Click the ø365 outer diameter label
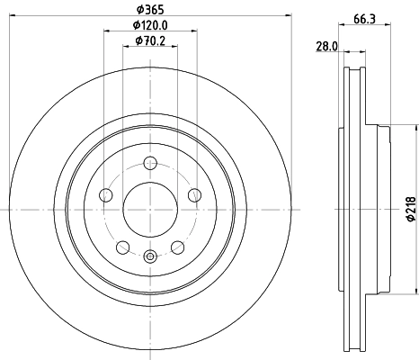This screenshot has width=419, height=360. (x=148, y=9)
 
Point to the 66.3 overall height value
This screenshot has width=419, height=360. (x=364, y=18)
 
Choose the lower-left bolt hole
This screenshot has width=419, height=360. (x=121, y=245)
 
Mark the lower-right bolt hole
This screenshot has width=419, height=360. (x=175, y=245)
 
